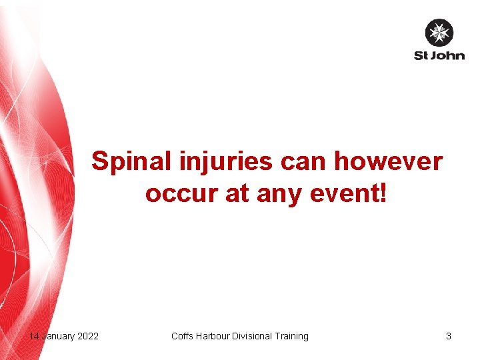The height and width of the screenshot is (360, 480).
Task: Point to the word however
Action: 388,161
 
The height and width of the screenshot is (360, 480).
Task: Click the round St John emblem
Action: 439,33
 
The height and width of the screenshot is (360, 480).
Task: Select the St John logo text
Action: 439,55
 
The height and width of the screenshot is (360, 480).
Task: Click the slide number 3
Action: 449,336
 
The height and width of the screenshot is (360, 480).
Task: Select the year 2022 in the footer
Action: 88,336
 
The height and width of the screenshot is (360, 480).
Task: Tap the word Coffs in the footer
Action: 182,336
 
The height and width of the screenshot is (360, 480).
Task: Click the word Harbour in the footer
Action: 213,336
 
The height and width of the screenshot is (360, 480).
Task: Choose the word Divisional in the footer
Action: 253,336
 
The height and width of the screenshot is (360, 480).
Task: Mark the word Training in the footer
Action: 293,336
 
